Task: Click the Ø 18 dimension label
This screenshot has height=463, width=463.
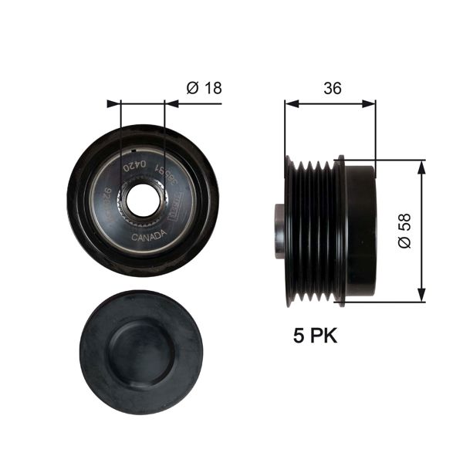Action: click(x=204, y=87)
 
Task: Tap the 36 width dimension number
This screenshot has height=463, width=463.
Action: click(x=332, y=87)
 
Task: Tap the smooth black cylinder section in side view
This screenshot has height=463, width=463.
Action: click(x=360, y=229)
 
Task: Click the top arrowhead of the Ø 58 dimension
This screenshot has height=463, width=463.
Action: click(x=421, y=165)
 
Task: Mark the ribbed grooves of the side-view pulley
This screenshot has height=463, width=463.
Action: click(x=313, y=230)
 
